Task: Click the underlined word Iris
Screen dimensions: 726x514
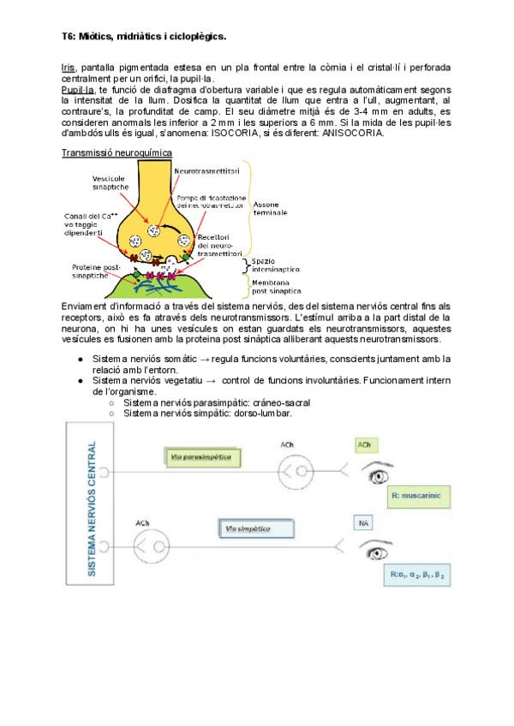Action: tap(68, 67)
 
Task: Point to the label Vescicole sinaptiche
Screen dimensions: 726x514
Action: tap(111, 182)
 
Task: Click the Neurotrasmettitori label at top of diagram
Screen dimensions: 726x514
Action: tap(206, 171)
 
